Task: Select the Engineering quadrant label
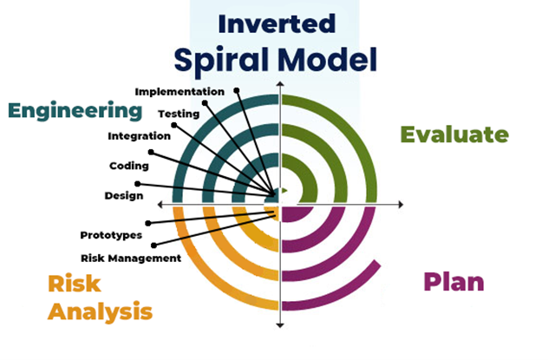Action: click(x=75, y=111)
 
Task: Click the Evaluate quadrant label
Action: click(x=453, y=134)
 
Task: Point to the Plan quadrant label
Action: click(x=453, y=282)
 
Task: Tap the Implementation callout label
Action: click(x=179, y=90)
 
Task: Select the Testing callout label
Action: click(x=179, y=113)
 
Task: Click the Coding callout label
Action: click(x=129, y=166)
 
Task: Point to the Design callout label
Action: click(x=123, y=195)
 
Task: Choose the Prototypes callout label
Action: click(x=111, y=235)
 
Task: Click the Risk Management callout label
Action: click(x=131, y=258)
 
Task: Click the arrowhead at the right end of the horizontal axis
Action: click(x=401, y=204)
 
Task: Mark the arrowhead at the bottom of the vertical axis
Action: click(x=280, y=325)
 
